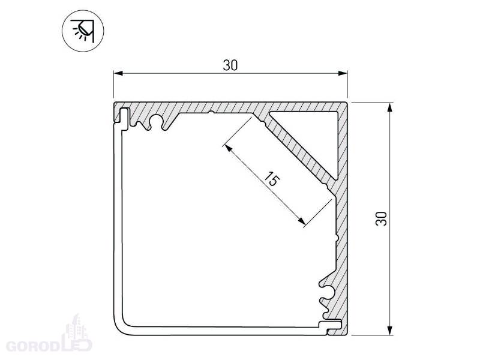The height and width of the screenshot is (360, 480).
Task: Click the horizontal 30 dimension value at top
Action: [230, 65]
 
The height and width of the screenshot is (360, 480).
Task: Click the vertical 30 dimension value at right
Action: [381, 218]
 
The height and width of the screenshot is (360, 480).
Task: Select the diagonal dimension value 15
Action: [272, 179]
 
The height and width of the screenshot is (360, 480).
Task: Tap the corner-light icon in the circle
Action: [83, 31]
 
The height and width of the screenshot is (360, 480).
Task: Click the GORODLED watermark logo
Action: [49, 336]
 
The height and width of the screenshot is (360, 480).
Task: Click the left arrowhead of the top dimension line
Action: [118, 73]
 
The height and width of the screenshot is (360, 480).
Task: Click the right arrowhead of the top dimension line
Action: [343, 73]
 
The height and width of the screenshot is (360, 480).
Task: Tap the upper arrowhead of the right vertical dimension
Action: [389, 108]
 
